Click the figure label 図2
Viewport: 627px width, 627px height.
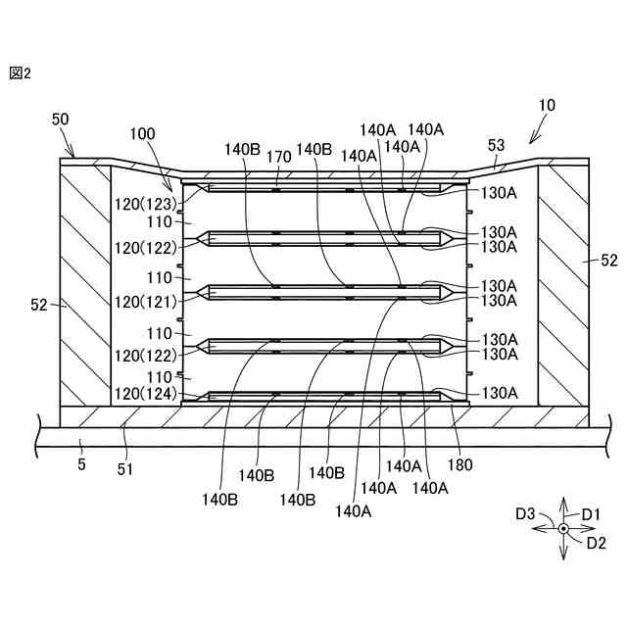click(x=21, y=72)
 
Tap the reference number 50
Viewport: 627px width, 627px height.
click(x=60, y=119)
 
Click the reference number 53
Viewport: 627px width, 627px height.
click(x=496, y=145)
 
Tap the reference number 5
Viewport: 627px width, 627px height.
click(x=81, y=463)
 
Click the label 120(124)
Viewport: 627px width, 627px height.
click(x=143, y=395)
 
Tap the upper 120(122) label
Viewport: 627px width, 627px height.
click(x=143, y=249)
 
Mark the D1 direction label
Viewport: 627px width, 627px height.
click(x=591, y=512)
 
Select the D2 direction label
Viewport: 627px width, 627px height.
click(x=596, y=543)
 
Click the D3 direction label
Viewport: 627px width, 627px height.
click(x=526, y=512)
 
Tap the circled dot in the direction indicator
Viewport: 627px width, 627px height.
click(x=563, y=529)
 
